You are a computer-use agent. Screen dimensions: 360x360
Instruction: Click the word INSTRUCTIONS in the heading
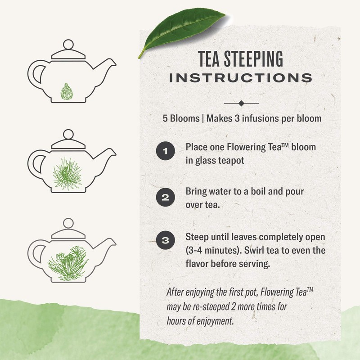click(241, 77)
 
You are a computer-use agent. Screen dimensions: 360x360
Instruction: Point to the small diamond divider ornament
click(242, 103)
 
